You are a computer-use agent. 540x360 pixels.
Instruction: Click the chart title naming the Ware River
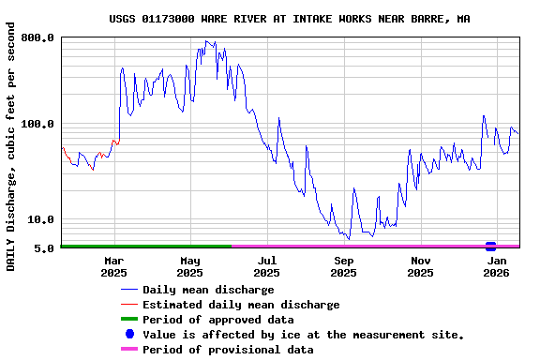click(x=290, y=19)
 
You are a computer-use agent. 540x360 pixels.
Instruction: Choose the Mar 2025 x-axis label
click(x=113, y=266)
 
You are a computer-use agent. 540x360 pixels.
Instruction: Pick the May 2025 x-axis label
click(x=190, y=266)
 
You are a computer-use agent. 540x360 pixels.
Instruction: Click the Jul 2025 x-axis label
click(x=267, y=266)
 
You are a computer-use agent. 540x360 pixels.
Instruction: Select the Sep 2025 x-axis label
click(x=344, y=266)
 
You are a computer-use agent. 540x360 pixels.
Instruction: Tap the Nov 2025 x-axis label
click(x=421, y=266)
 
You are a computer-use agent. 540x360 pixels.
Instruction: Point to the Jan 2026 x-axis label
click(x=498, y=266)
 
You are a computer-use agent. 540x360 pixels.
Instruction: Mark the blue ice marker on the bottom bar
click(x=490, y=247)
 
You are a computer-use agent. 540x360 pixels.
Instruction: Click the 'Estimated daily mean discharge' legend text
click(x=241, y=305)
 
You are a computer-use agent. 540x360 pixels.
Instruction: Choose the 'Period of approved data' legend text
click(x=217, y=320)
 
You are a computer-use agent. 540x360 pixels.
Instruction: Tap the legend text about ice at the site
click(x=303, y=335)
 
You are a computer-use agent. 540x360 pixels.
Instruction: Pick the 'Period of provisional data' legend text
click(x=228, y=350)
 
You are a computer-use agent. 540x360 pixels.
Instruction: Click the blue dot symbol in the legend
click(x=129, y=335)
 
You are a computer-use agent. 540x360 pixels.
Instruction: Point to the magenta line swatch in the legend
click(x=129, y=350)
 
